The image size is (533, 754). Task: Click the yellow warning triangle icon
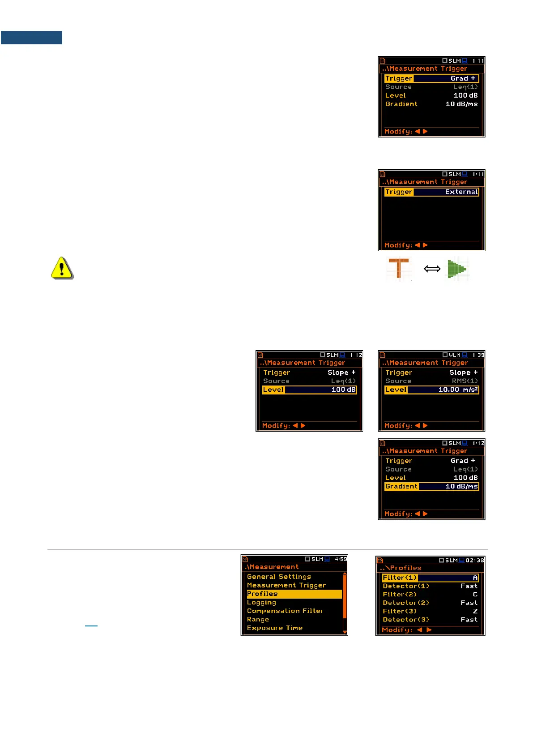[62, 268]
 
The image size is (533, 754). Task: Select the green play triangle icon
[457, 269]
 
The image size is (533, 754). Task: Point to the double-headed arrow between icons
[432, 269]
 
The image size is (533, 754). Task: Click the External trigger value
[461, 192]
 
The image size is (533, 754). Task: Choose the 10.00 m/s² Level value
[458, 390]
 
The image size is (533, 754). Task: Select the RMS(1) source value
[465, 381]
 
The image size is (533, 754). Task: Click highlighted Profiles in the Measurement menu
[263, 594]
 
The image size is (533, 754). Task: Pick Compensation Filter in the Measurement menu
[285, 611]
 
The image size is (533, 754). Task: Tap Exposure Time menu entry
[275, 628]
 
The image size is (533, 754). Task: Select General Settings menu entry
[279, 577]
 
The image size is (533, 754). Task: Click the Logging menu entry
[261, 602]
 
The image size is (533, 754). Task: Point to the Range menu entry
[258, 619]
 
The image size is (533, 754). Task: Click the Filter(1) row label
[400, 578]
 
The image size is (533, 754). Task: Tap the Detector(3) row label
[406, 620]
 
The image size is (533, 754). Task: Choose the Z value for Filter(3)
[475, 611]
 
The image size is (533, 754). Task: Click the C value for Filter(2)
[475, 594]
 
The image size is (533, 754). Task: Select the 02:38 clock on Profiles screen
[475, 560]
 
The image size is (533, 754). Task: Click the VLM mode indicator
[454, 355]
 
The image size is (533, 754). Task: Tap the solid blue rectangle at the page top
[31, 38]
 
